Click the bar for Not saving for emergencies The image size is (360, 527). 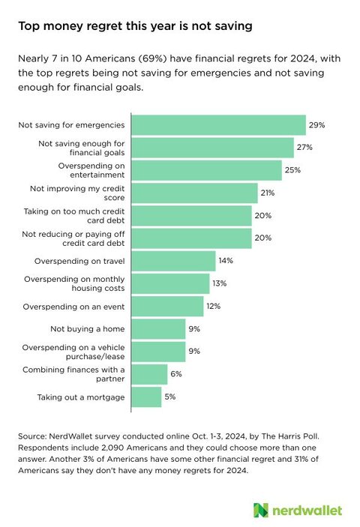pyautogui.click(x=218, y=124)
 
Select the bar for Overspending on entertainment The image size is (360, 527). pyautogui.click(x=206, y=170)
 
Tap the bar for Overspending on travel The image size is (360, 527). pyautogui.click(x=173, y=261)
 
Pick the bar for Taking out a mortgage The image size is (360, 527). pyautogui.click(x=146, y=397)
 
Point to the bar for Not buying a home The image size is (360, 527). pyautogui.click(x=158, y=328)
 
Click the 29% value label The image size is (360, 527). pyautogui.click(x=318, y=124)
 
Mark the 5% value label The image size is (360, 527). pyautogui.click(x=171, y=397)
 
